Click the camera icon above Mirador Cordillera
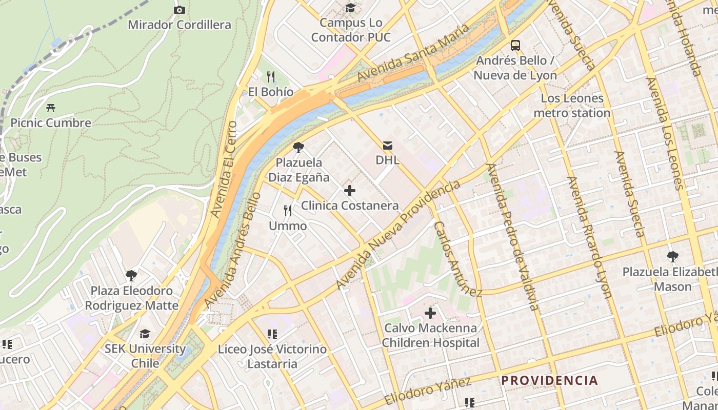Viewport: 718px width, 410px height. [x=179, y=10]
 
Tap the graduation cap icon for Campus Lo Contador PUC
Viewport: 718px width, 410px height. [x=350, y=8]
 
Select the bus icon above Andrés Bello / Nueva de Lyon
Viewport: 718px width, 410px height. [x=515, y=45]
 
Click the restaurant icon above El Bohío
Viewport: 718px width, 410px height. [x=271, y=77]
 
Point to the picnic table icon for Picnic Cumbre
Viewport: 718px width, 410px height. [x=50, y=108]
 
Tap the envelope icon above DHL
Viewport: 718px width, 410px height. [x=387, y=146]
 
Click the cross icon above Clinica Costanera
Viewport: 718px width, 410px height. [x=350, y=191]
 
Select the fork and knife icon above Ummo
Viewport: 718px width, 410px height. [x=288, y=210]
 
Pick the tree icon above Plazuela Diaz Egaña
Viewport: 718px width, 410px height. [x=298, y=148]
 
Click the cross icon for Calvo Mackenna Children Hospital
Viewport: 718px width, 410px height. [x=430, y=313]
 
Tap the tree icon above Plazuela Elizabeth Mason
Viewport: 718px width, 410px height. [x=672, y=256]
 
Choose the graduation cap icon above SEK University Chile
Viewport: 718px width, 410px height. [x=145, y=334]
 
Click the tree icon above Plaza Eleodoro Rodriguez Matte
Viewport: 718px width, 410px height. [x=131, y=276]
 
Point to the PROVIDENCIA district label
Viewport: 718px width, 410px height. [x=549, y=380]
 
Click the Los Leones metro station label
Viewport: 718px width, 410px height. [x=572, y=105]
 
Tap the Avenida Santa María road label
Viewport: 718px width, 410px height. [x=413, y=52]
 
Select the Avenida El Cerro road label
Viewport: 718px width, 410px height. [x=224, y=169]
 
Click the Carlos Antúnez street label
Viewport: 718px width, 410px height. [x=457, y=259]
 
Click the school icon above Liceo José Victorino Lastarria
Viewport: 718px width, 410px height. [x=272, y=334]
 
